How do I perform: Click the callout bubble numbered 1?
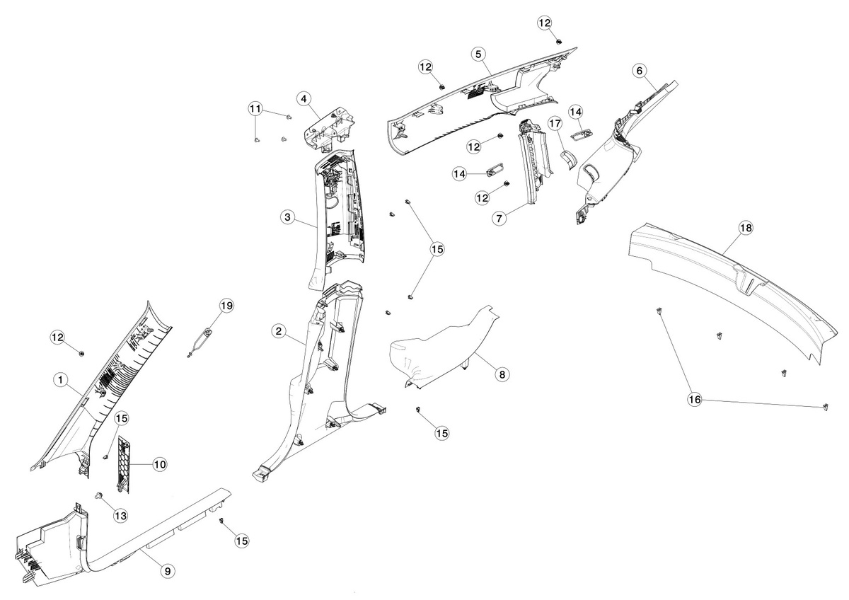[61, 379]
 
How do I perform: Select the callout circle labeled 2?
[279, 331]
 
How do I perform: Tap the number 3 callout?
[288, 217]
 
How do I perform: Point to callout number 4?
[304, 99]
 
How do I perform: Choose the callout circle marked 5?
[479, 54]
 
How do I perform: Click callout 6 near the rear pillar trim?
[640, 71]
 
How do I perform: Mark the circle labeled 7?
[499, 219]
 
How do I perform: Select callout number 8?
[502, 374]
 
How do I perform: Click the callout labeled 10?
[160, 464]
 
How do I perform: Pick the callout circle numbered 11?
[255, 109]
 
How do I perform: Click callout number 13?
[121, 515]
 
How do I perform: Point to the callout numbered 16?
[695, 400]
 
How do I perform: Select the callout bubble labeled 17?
[555, 124]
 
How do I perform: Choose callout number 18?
[746, 228]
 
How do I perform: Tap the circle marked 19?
[226, 306]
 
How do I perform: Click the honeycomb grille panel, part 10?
[123, 464]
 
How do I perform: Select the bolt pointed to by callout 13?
[100, 495]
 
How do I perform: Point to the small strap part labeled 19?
[200, 342]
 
